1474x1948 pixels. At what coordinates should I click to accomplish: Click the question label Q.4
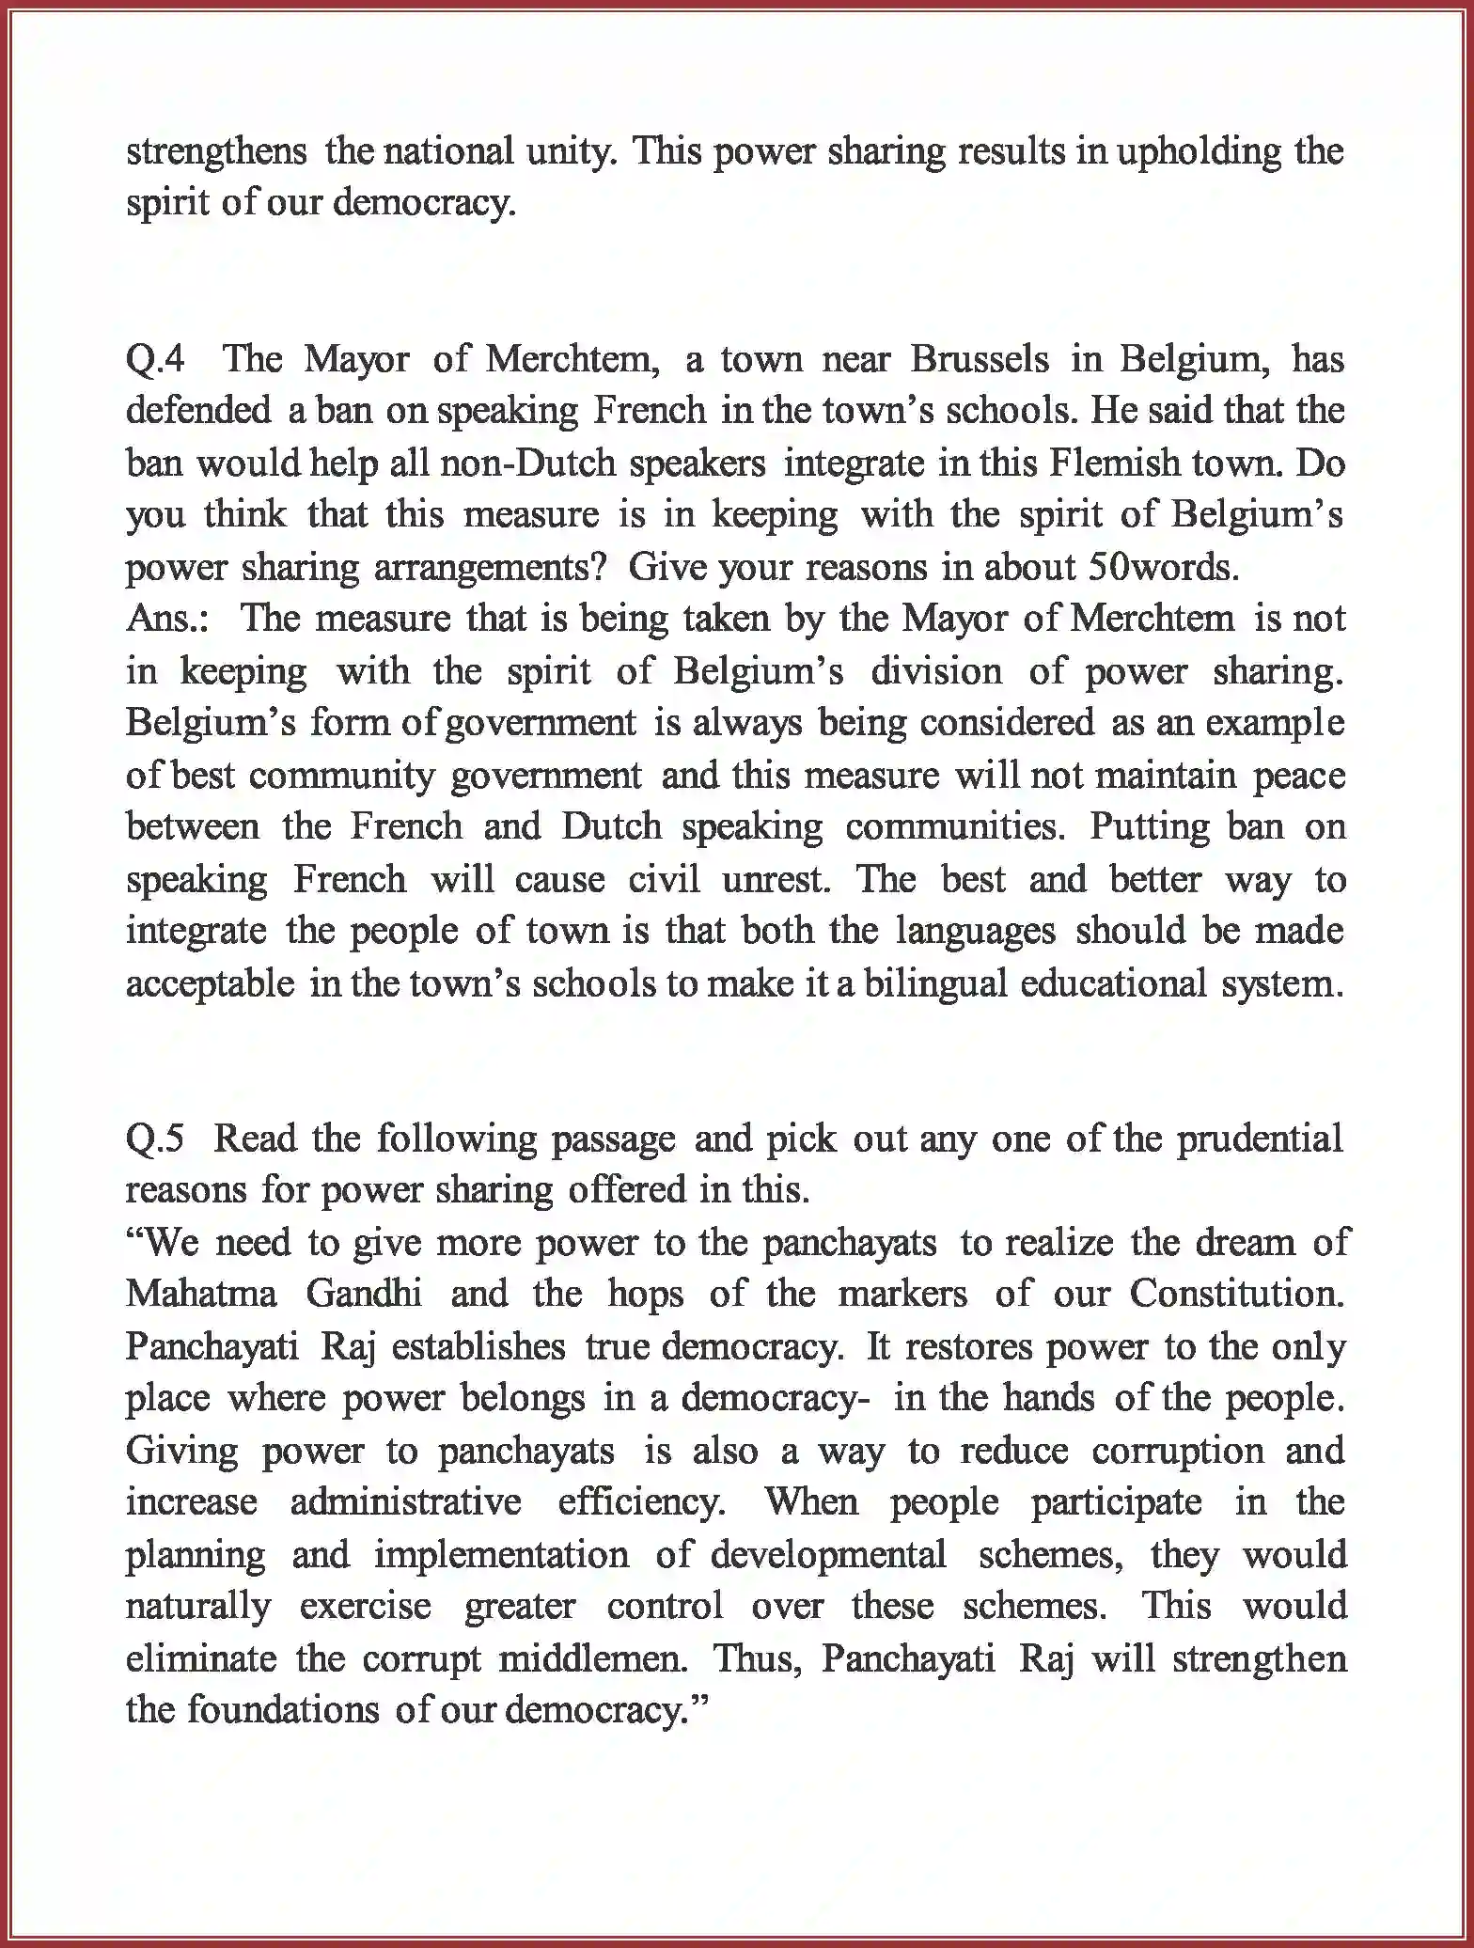click(x=156, y=360)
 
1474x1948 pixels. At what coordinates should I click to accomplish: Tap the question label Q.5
click(x=155, y=1139)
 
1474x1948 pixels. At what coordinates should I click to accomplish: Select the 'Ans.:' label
click(x=167, y=620)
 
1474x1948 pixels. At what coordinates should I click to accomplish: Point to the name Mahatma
click(x=201, y=1295)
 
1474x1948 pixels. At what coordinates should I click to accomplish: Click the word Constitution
click(x=1236, y=1295)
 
